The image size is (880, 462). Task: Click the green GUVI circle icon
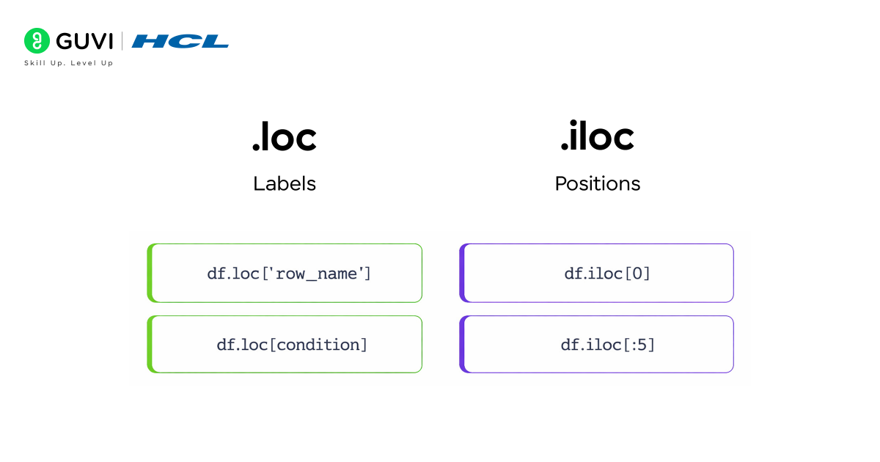click(x=37, y=41)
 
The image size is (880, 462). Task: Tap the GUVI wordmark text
click(x=84, y=41)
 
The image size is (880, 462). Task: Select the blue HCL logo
click(x=180, y=41)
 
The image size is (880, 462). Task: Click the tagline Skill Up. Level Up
click(x=69, y=63)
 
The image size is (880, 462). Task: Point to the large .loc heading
click(x=285, y=137)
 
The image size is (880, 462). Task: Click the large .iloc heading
click(x=597, y=137)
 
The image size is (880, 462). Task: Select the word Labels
click(x=285, y=183)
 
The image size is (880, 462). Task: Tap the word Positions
click(x=597, y=183)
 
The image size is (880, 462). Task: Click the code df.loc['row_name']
click(x=289, y=274)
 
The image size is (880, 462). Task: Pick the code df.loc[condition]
click(x=292, y=345)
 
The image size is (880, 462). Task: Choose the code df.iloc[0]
click(x=607, y=274)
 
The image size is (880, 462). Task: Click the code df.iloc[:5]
click(x=607, y=345)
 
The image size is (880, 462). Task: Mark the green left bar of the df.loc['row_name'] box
click(x=150, y=273)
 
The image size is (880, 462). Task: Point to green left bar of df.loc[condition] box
click(x=150, y=344)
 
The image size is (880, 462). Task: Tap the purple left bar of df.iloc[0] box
click(x=462, y=273)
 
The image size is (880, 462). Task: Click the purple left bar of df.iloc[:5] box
click(x=462, y=344)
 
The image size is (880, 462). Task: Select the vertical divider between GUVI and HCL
click(x=122, y=41)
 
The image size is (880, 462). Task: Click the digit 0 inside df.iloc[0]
click(x=637, y=274)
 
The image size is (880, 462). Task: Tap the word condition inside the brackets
click(x=318, y=345)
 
